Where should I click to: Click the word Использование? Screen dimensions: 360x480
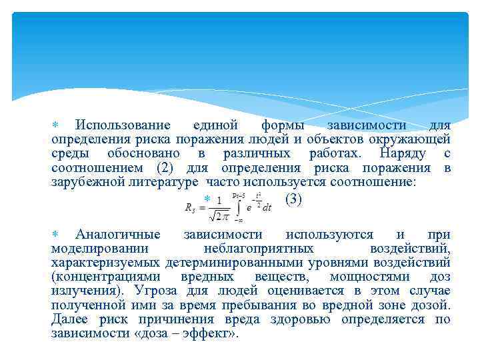coord(123,125)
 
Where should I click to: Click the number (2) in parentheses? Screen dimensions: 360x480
coord(169,167)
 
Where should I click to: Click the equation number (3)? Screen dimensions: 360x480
coord(293,199)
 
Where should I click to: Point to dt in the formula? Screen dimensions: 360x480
coord(266,208)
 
